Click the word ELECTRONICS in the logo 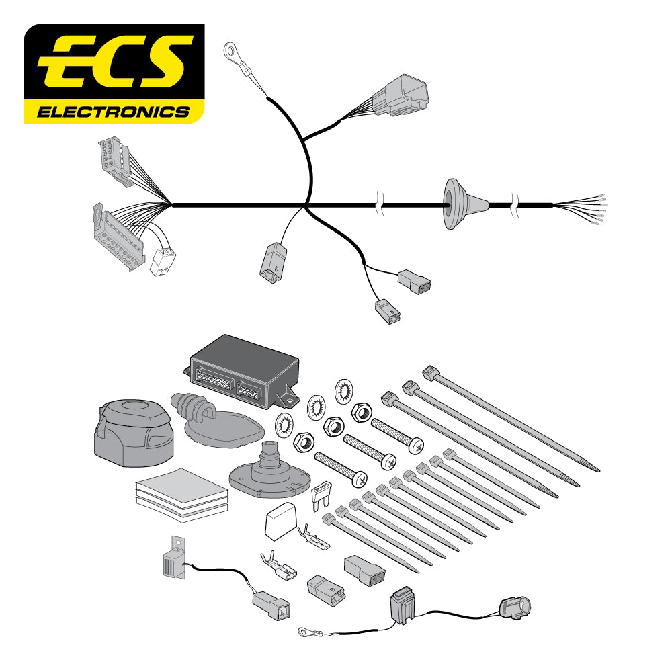[x=113, y=111]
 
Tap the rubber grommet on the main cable [x=457, y=204]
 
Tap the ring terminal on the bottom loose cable [x=305, y=630]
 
